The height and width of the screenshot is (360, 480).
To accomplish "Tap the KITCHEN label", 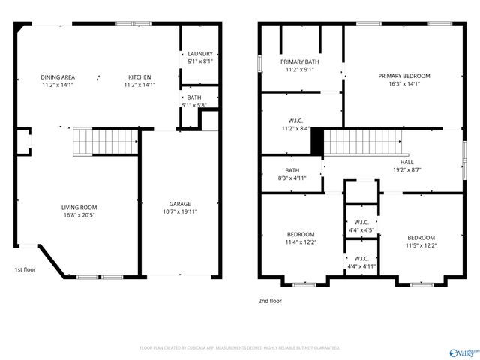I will tap(139, 77).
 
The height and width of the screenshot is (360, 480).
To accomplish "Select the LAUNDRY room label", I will tap(200, 54).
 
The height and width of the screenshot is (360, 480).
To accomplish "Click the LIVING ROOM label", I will tap(79, 208).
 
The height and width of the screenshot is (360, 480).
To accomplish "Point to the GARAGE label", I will tap(179, 204).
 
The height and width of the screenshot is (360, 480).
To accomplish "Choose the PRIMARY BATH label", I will tap(299, 61).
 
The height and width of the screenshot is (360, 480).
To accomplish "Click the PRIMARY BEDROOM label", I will tap(403, 76).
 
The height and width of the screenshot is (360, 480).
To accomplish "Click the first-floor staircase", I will tap(106, 141).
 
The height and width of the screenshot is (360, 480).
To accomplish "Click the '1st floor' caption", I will tap(25, 269).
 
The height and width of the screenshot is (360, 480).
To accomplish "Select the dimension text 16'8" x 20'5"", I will tap(79, 215).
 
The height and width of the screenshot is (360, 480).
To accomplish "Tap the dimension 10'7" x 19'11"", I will tap(179, 211).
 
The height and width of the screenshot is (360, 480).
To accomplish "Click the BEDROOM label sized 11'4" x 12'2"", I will tap(300, 234).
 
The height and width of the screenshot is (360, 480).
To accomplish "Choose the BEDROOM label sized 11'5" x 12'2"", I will tap(421, 237).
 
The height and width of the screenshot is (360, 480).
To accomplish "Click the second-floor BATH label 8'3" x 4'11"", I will tap(292, 170).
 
